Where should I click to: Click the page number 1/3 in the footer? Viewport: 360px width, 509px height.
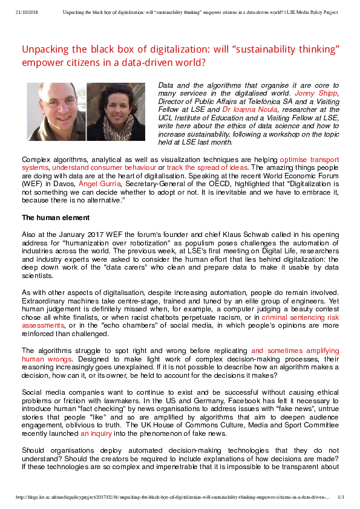tap(341, 497)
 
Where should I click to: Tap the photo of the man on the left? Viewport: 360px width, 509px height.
tap(56, 112)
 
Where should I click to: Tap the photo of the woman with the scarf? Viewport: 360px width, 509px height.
tap(116, 112)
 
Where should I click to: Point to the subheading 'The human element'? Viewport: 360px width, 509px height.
tap(56, 218)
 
